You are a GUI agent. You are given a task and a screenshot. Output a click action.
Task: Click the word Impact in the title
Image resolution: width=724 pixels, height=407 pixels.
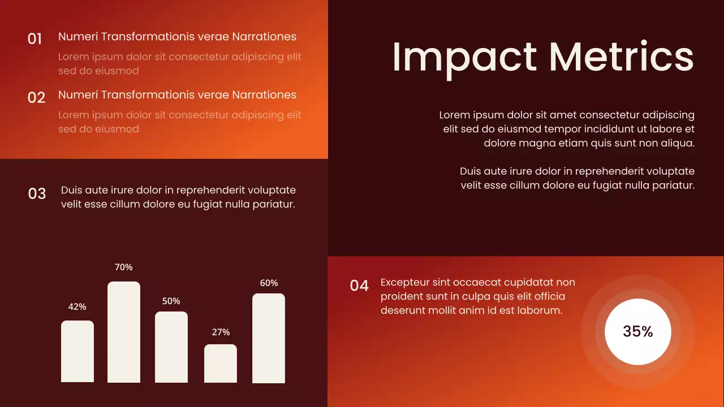pyautogui.click(x=464, y=57)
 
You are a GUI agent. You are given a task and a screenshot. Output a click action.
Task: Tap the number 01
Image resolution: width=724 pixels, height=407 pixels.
pyautogui.click(x=35, y=39)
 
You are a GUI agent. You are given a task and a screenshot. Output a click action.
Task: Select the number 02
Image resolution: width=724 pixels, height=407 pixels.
pyautogui.click(x=36, y=98)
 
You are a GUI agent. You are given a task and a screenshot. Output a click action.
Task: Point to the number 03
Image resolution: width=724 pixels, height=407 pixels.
pyautogui.click(x=37, y=194)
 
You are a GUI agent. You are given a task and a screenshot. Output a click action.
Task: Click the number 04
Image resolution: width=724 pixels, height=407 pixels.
pyautogui.click(x=359, y=285)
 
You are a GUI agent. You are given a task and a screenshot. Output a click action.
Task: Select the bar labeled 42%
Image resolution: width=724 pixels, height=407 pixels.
pyautogui.click(x=77, y=351)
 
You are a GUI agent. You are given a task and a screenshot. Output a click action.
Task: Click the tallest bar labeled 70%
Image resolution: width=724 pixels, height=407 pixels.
pyautogui.click(x=124, y=332)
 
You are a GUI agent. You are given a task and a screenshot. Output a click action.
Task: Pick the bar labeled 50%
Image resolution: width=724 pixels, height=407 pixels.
pyautogui.click(x=171, y=347)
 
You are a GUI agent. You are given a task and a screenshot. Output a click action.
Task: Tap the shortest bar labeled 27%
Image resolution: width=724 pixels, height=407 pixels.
pyautogui.click(x=221, y=363)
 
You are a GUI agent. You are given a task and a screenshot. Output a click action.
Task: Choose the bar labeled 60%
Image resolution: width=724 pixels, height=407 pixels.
pyautogui.click(x=269, y=338)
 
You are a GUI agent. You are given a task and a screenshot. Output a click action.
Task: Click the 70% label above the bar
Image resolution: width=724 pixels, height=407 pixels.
pyautogui.click(x=124, y=267)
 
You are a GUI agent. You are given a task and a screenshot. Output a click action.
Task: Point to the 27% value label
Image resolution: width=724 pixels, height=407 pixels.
pyautogui.click(x=221, y=332)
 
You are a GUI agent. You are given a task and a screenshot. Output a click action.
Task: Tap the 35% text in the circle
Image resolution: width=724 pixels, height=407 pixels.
pyautogui.click(x=638, y=332)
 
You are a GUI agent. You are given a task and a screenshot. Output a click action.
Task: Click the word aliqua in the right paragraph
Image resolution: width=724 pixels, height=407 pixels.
pyautogui.click(x=678, y=143)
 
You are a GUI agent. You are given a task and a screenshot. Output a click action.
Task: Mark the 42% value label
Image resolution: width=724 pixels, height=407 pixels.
pyautogui.click(x=77, y=306)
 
